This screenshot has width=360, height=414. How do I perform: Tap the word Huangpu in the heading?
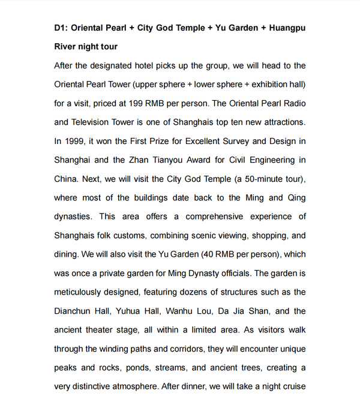pyautogui.click(x=286, y=28)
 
